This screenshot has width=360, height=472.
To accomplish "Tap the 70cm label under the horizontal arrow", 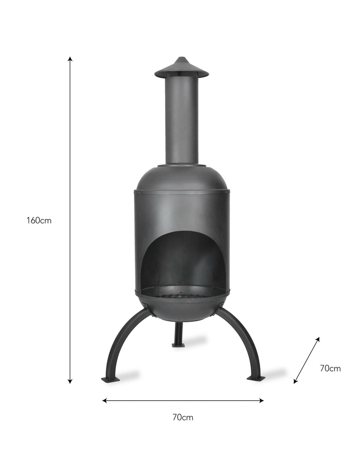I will [183, 417].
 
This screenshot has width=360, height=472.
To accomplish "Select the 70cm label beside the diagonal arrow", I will [330, 368].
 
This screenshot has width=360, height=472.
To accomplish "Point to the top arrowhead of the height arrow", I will [70, 58].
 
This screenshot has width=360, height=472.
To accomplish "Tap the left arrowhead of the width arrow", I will [104, 400].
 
